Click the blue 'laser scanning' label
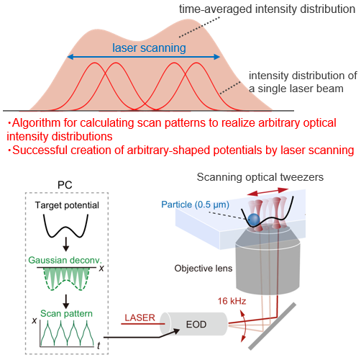point(149,48)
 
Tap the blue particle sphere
point(254,220)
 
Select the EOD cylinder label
point(196,325)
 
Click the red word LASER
point(140,318)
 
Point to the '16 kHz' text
point(232,301)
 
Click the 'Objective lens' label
point(204,269)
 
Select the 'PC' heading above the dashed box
point(65,185)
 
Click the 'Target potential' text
point(67,205)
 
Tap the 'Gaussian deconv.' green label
point(65,260)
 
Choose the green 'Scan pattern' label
point(66,313)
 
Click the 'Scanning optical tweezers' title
point(260,177)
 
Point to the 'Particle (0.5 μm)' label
point(195,204)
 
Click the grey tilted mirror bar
point(272,326)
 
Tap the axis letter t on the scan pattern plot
point(99,346)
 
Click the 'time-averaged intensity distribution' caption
point(267,9)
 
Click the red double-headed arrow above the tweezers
point(268,192)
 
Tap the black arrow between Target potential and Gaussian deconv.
point(65,244)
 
